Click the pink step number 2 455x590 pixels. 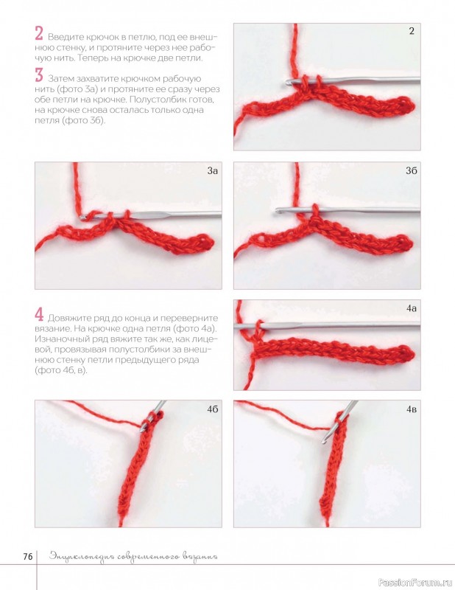click(x=39, y=33)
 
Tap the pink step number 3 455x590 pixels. click(x=39, y=75)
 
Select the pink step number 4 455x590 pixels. click(x=39, y=315)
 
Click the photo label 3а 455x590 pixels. click(x=212, y=171)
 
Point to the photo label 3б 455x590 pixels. click(x=411, y=171)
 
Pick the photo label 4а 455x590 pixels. click(x=412, y=308)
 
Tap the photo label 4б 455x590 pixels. click(x=212, y=409)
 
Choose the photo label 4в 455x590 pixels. click(x=412, y=409)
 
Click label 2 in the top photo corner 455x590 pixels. click(x=412, y=31)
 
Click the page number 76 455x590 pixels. click(x=28, y=557)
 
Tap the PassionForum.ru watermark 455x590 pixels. click(x=415, y=582)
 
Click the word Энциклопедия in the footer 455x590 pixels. click(x=82, y=557)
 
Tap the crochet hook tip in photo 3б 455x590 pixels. click(x=278, y=212)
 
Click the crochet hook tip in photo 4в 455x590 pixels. click(x=323, y=442)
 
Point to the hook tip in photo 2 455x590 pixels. click(x=287, y=81)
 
